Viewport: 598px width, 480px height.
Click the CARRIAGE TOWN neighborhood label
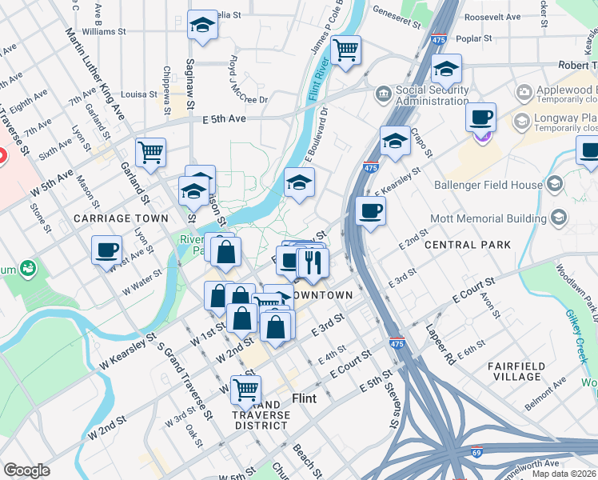(122, 218)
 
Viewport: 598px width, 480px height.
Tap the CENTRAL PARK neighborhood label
(468, 244)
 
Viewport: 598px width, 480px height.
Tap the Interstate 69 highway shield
(476, 452)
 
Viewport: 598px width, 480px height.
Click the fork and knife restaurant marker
(313, 261)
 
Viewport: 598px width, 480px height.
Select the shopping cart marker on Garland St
(150, 151)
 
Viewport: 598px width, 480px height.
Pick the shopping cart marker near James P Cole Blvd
(345, 50)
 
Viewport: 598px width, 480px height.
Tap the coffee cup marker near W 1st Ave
(106, 250)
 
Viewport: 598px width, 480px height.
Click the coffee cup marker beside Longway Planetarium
(480, 118)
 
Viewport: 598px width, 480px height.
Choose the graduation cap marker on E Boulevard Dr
(299, 182)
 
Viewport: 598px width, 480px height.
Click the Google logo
(26, 470)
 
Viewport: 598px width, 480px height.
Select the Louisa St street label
(140, 94)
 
